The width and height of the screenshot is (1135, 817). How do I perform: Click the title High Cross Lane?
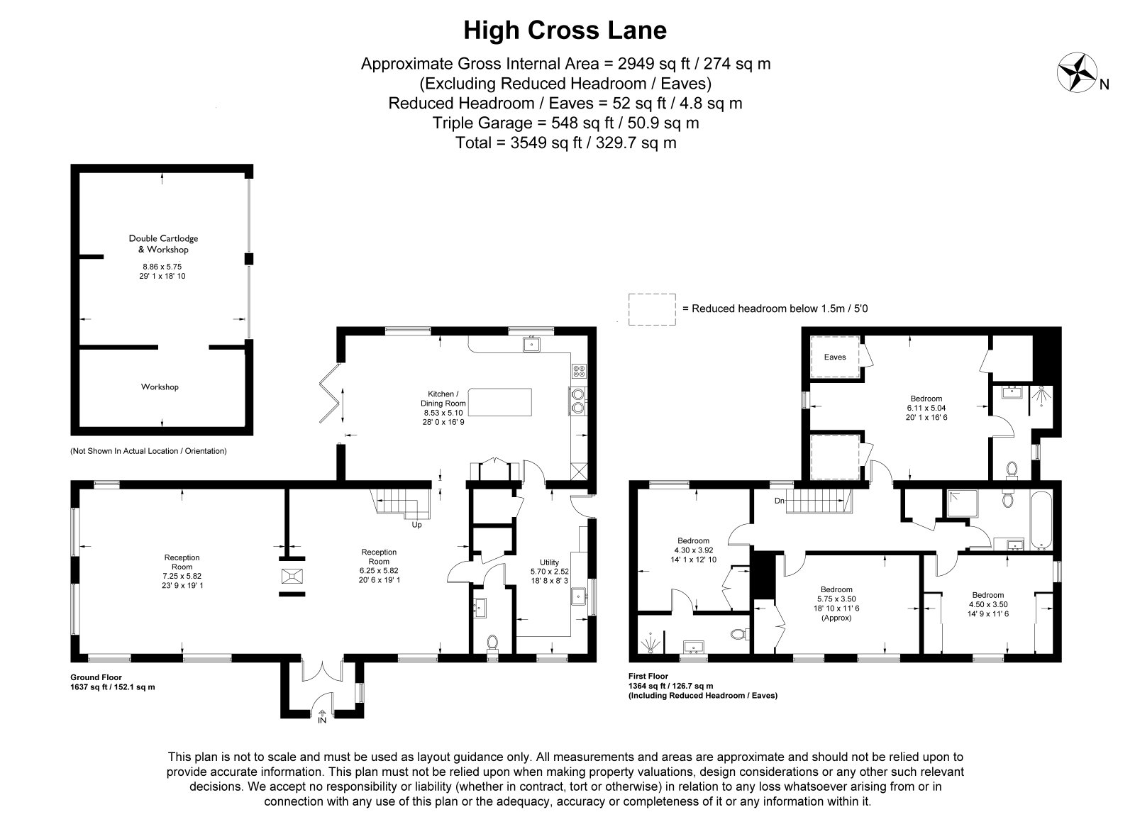[x=565, y=30]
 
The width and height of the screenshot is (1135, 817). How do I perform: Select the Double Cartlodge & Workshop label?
[x=163, y=244]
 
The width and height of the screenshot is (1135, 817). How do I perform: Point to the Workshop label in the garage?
[x=160, y=387]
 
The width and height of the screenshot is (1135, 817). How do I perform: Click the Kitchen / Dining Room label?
[x=443, y=399]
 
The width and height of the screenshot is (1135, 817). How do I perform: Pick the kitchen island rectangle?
[x=499, y=402]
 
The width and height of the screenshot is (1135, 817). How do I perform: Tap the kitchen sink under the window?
[x=531, y=344]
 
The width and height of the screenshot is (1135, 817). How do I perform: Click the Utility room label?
[x=549, y=562]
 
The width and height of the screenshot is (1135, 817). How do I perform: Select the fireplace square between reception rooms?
[x=292, y=577]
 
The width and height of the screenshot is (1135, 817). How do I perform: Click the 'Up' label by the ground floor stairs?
[x=416, y=525]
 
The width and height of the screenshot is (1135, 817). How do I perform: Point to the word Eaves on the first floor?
[x=834, y=357]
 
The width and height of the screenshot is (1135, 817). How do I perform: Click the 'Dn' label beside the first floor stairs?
[x=780, y=501]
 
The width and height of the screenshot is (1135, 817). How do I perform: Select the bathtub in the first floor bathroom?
[x=1040, y=520]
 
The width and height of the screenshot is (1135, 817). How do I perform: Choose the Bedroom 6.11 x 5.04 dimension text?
[x=926, y=408]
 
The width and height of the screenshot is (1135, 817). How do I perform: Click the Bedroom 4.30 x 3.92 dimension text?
[x=693, y=550]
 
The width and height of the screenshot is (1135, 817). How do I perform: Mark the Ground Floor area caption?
[x=113, y=682]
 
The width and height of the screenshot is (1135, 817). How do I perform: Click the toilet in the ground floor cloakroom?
[x=492, y=642]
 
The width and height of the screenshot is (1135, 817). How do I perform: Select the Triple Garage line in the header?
[x=565, y=123]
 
